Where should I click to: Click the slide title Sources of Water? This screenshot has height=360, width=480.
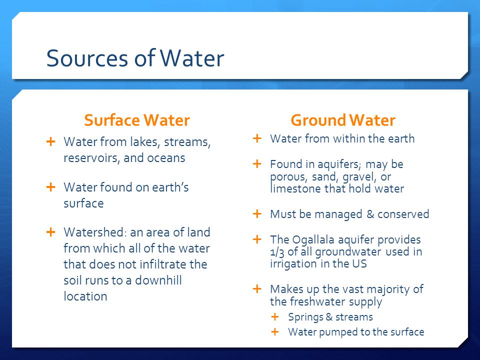coord(135,58)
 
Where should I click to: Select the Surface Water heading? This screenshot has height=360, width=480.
coord(137,120)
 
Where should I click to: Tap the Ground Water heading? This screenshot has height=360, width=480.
coord(343,120)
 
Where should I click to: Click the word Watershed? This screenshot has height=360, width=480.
coord(95,232)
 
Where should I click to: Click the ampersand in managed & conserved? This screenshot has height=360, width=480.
coord(370,214)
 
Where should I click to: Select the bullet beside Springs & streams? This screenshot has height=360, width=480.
coord(275,317)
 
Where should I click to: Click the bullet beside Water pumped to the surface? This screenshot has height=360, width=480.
coord(275,331)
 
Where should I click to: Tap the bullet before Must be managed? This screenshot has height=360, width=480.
coord(257,213)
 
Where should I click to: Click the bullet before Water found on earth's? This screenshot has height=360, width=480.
coord(51,187)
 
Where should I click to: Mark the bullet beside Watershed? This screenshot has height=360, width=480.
coord(51,232)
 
